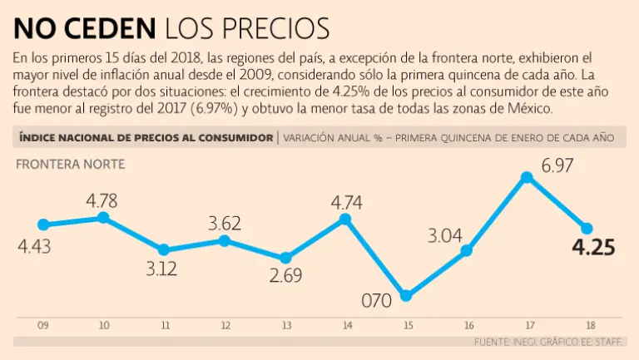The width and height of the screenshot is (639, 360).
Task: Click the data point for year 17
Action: [527, 177]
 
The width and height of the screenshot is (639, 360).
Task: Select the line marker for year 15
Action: [406, 295]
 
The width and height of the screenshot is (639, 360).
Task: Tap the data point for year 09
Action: [43, 224]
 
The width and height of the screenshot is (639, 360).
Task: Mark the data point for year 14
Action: [345, 219]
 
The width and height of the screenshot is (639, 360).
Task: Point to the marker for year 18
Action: [587, 229]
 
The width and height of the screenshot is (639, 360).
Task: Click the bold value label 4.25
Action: [592, 249]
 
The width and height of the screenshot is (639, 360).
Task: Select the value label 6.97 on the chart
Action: [557, 166]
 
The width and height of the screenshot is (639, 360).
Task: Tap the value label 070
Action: [376, 300]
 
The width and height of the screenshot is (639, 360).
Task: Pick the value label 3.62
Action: [225, 223]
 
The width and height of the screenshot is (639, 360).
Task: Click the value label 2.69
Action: [285, 276]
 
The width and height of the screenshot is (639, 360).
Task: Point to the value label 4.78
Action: [102, 200]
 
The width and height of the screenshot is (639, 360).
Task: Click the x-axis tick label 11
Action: [165, 326]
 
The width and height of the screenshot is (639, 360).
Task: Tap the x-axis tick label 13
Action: [285, 326]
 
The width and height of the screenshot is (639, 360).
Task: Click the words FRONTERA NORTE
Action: [70, 165]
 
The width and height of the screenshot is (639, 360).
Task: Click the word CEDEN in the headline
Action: [116, 30]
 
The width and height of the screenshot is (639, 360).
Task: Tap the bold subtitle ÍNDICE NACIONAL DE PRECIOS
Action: [145, 137]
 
